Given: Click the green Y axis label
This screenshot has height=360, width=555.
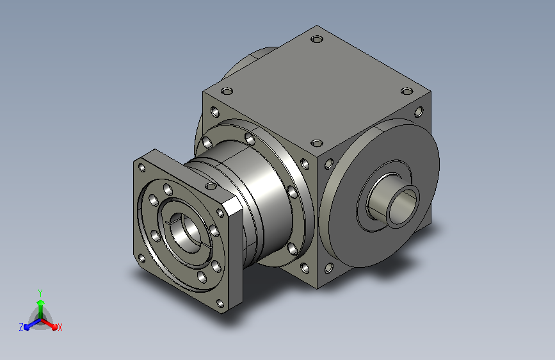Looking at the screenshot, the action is pyautogui.click(x=40, y=293).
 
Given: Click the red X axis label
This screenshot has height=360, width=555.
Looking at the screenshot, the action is pyautogui.click(x=60, y=328).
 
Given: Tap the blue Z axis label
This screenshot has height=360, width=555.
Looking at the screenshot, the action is pyautogui.click(x=21, y=327).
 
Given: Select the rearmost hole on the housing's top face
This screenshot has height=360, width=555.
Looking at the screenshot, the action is pyautogui.click(x=317, y=39).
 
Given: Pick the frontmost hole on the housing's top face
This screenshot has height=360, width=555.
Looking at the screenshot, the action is pyautogui.click(x=317, y=143).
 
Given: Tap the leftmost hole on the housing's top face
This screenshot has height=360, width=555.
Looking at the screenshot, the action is pyautogui.click(x=227, y=92).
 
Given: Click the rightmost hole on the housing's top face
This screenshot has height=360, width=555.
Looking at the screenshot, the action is pyautogui.click(x=407, y=92).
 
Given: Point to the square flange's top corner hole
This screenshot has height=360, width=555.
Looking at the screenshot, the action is pyautogui.click(x=141, y=168).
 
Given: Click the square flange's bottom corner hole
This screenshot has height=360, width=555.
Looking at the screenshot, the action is pyautogui.click(x=220, y=304).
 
